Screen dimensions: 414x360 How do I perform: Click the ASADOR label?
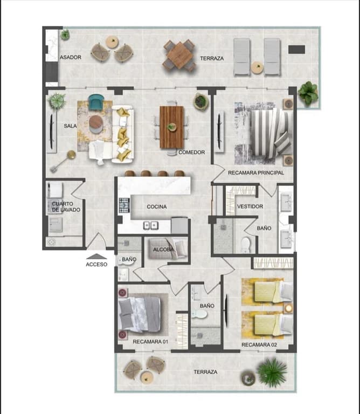point(71,57)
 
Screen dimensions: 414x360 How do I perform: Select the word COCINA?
point(157,206)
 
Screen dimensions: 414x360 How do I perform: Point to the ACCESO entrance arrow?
point(96,257)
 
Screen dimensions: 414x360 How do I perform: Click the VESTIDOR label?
point(250,206)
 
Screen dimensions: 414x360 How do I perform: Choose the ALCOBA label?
point(163,250)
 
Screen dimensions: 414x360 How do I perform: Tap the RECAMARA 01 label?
point(151,342)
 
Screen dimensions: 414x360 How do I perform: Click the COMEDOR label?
point(192,153)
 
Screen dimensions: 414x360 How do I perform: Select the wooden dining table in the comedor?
point(172,127)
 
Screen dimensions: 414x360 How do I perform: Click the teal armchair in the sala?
point(96,102)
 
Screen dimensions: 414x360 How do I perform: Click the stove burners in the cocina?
point(124,205)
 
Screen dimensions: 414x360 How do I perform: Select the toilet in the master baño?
point(246,245)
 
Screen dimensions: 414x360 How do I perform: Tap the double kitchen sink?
point(150,225)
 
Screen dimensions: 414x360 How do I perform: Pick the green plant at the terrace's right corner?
point(308,92)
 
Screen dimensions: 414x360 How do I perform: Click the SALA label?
point(70,126)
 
